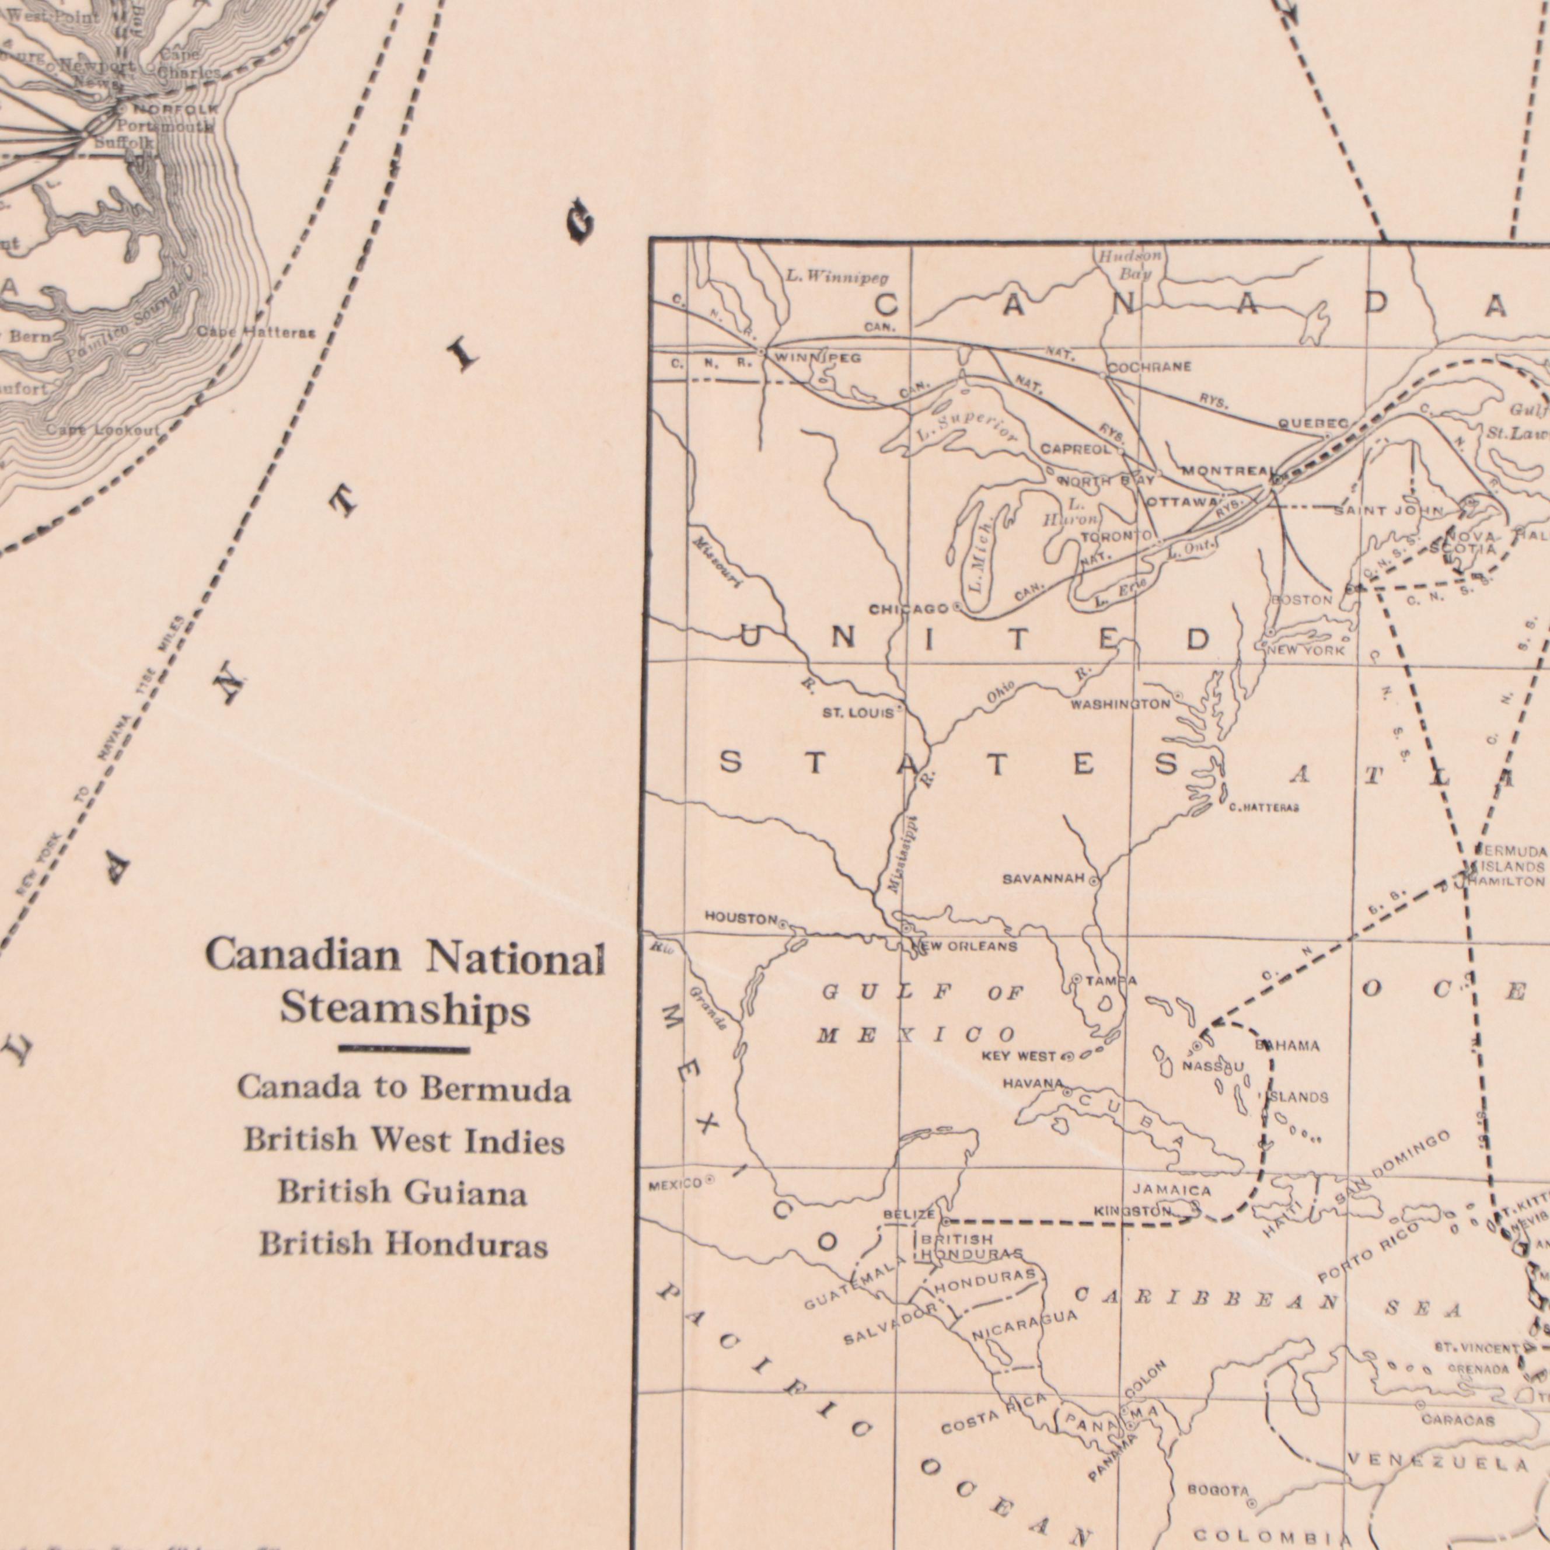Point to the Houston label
click(x=741, y=918)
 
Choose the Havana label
click(x=1032, y=1084)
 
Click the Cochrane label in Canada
click(x=1149, y=368)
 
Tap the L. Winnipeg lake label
click(x=837, y=278)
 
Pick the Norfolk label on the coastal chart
click(x=175, y=109)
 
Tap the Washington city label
click(x=1121, y=704)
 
